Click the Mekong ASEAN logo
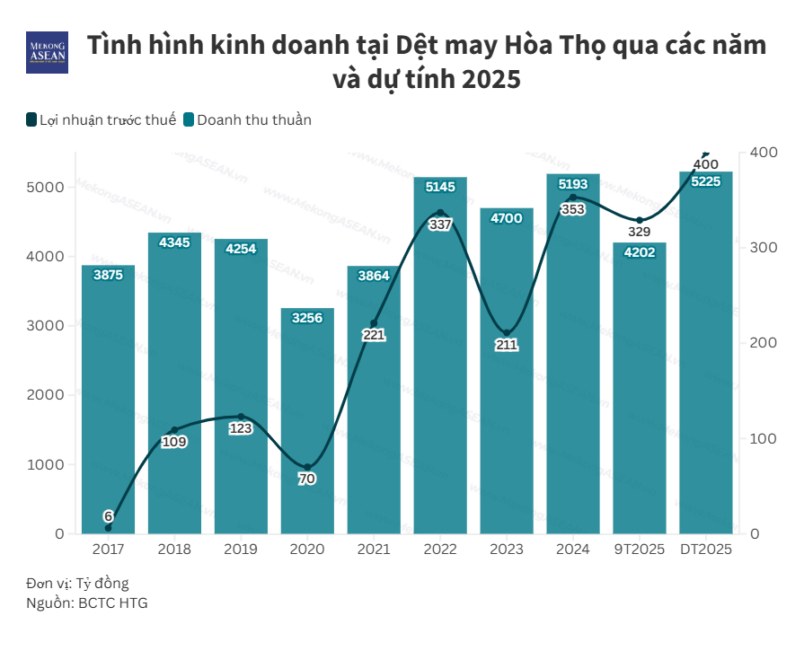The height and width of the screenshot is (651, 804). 47,53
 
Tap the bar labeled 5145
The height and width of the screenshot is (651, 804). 440,359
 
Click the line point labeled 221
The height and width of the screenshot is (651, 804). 374,323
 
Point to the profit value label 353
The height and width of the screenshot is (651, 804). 573,209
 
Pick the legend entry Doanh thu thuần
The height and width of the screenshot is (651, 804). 247,119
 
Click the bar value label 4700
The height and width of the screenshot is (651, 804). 507,218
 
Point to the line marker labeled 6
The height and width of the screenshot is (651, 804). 108,527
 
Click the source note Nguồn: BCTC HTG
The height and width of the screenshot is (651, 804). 86,603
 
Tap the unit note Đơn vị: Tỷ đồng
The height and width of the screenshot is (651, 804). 77,584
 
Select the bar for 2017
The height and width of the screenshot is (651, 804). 108,404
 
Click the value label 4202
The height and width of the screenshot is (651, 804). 640,253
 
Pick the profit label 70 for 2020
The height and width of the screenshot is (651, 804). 307,479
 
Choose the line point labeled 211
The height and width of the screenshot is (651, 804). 507,333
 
